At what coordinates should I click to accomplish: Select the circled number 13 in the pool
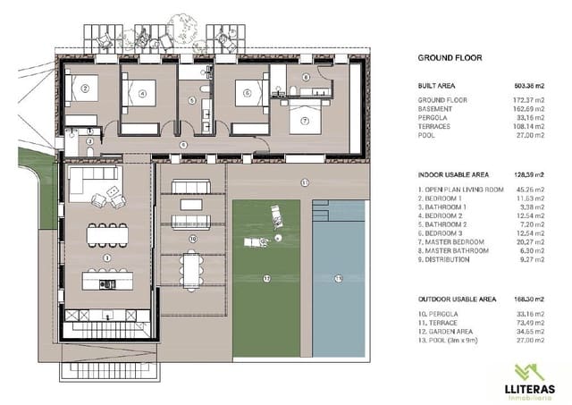point(338,279)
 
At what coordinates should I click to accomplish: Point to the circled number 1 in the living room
point(106,258)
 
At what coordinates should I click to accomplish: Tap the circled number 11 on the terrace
point(304,182)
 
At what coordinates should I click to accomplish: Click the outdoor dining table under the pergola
point(191,266)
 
